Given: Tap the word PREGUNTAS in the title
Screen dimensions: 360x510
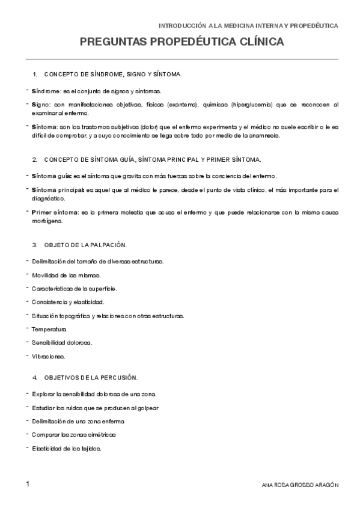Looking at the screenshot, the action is (113, 43).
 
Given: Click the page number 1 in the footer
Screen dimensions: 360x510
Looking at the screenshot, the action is (28, 484).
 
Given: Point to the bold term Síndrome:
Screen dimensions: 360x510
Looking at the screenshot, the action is (46, 91).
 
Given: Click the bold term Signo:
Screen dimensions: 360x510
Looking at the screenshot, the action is (41, 104).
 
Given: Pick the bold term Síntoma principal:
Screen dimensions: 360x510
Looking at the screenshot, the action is (58, 189).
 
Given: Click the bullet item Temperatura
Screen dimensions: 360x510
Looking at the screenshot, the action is (49, 330).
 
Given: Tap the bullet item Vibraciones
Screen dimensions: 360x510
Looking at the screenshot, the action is (49, 356).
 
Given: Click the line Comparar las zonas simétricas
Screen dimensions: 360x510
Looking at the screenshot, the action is (74, 434).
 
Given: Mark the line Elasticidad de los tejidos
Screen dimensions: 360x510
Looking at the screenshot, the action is (67, 448).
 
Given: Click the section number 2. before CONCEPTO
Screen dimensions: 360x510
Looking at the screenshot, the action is (35, 159).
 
